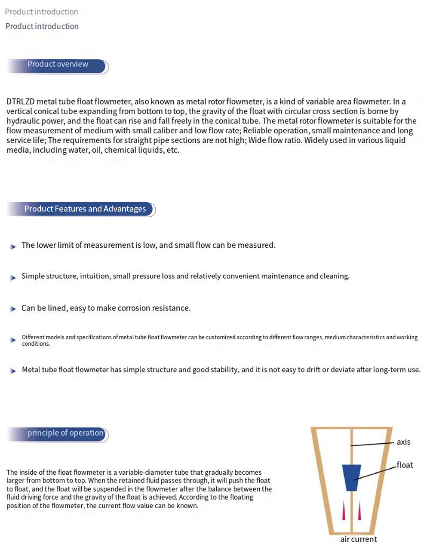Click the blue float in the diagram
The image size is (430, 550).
click(x=352, y=477)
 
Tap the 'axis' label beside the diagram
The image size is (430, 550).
click(x=403, y=442)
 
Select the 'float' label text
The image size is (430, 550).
click(x=405, y=465)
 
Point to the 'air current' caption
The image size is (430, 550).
click(x=358, y=539)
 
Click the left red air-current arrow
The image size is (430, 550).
click(x=344, y=510)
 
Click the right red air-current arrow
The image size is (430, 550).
click(x=359, y=510)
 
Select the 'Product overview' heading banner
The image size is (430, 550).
click(x=58, y=65)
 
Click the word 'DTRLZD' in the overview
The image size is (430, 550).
click(x=20, y=102)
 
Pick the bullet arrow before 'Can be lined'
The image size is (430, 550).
click(x=13, y=309)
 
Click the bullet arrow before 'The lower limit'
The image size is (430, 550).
click(x=13, y=246)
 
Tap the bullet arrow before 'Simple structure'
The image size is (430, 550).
click(x=13, y=278)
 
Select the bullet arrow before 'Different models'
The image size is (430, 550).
click(x=13, y=340)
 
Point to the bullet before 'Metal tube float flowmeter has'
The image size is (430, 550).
click(x=13, y=371)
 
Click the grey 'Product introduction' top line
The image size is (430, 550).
click(x=41, y=12)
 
